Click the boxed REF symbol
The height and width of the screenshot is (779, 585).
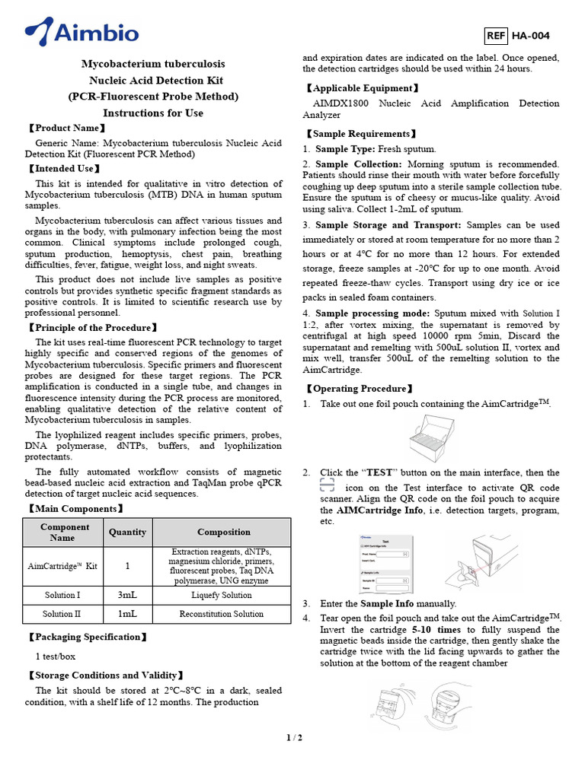496,36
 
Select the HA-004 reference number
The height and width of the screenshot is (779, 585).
530,36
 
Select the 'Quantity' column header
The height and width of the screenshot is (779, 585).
127,533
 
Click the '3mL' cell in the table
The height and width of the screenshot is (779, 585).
127,595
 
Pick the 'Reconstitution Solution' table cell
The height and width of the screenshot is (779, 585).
222,614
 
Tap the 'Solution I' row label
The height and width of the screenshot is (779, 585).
62,595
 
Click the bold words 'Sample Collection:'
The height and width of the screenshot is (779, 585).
358,164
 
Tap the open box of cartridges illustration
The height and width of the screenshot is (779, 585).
431,439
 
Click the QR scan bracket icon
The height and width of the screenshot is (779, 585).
327,487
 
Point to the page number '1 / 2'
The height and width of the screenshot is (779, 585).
293,738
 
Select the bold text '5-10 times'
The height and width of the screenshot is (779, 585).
436,630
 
